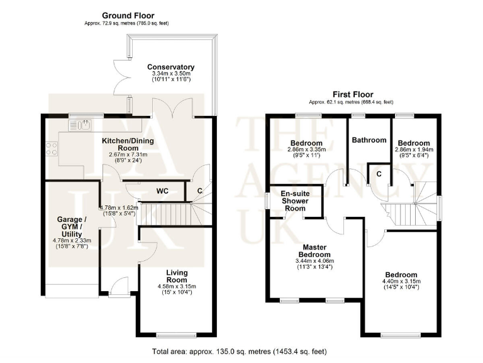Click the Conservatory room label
(x=170, y=67)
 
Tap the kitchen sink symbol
(x=82, y=125)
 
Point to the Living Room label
(x=177, y=276)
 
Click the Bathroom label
(x=369, y=140)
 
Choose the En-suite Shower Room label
(x=294, y=201)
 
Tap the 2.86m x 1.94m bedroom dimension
(x=414, y=150)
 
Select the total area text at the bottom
(x=238, y=351)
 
